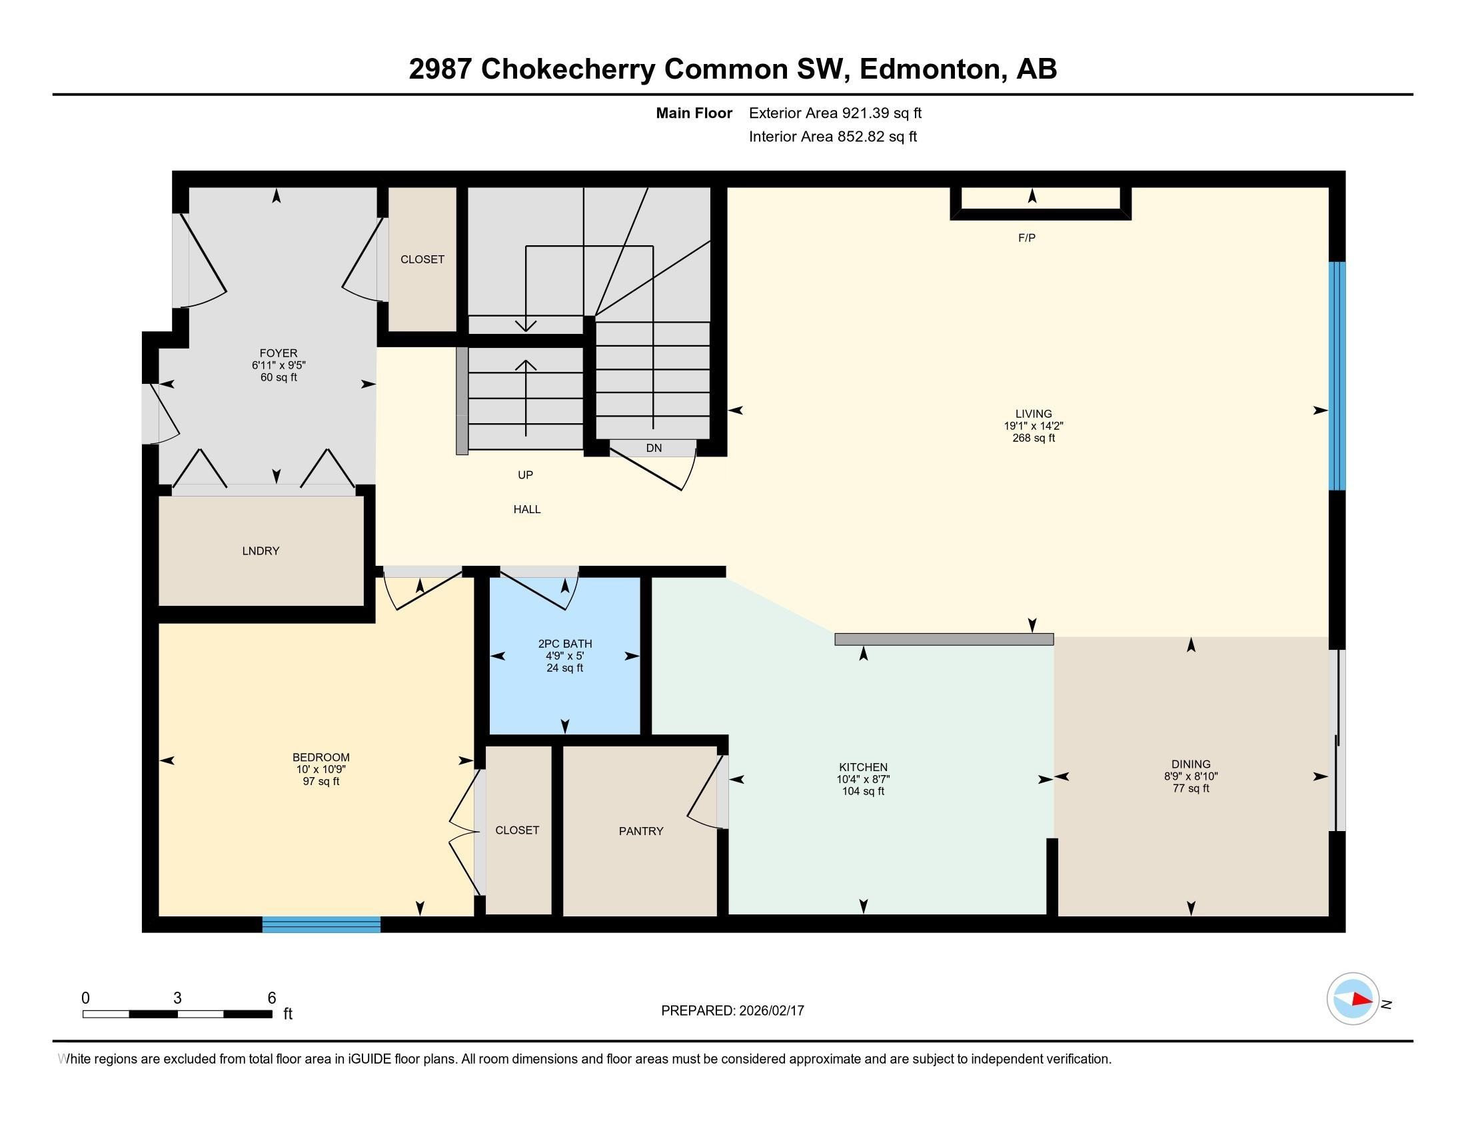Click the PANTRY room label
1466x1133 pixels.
pyautogui.click(x=640, y=831)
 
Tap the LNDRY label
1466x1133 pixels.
pyautogui.click(x=261, y=551)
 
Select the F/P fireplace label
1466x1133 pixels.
pyautogui.click(x=1026, y=238)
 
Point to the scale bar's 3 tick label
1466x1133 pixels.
pyautogui.click(x=177, y=998)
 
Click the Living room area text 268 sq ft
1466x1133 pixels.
pyautogui.click(x=1033, y=439)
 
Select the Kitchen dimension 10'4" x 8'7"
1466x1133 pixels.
pyautogui.click(x=862, y=779)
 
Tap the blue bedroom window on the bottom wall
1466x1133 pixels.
pyautogui.click(x=321, y=924)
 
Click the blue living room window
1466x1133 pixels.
pyautogui.click(x=1337, y=376)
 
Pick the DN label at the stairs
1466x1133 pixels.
pyautogui.click(x=653, y=449)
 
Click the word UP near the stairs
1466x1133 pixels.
pyautogui.click(x=525, y=475)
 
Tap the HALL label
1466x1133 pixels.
pyautogui.click(x=527, y=509)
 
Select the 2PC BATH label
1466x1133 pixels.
pyautogui.click(x=564, y=644)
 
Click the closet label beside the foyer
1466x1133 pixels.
pyautogui.click(x=422, y=259)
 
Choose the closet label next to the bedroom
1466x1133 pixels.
pyautogui.click(x=517, y=830)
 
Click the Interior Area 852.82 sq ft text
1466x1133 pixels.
pyautogui.click(x=832, y=137)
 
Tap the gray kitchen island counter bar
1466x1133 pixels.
pyautogui.click(x=943, y=640)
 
